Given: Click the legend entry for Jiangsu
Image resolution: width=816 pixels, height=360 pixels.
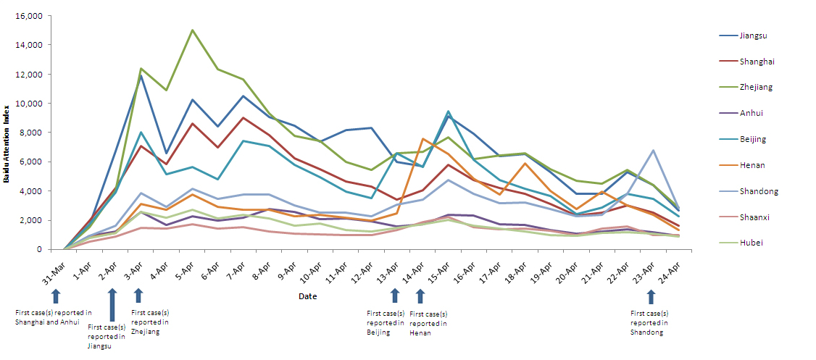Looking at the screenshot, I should pyautogui.click(x=751, y=35).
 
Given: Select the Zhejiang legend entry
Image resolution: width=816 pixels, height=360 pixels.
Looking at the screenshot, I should pyautogui.click(x=754, y=87).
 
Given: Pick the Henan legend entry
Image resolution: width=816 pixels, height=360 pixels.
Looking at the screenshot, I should pyautogui.click(x=750, y=165).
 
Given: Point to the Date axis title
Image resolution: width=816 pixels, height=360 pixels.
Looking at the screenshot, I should pyautogui.click(x=307, y=296).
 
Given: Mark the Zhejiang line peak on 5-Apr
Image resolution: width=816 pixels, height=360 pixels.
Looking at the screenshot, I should pyautogui.click(x=192, y=30).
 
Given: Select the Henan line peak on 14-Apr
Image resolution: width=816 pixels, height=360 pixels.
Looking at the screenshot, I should pyautogui.click(x=422, y=138).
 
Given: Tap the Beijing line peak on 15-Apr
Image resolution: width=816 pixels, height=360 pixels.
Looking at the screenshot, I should pyautogui.click(x=448, y=112).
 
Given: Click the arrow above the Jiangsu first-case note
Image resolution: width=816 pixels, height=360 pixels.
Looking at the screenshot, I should pyautogui.click(x=112, y=305).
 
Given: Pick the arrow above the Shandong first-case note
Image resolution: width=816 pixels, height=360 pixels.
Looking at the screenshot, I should pyautogui.click(x=651, y=296).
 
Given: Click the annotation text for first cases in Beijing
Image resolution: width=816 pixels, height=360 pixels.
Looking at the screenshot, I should pyautogui.click(x=386, y=323).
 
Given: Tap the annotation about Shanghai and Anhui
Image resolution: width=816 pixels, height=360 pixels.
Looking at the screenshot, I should pyautogui.click(x=54, y=317).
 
